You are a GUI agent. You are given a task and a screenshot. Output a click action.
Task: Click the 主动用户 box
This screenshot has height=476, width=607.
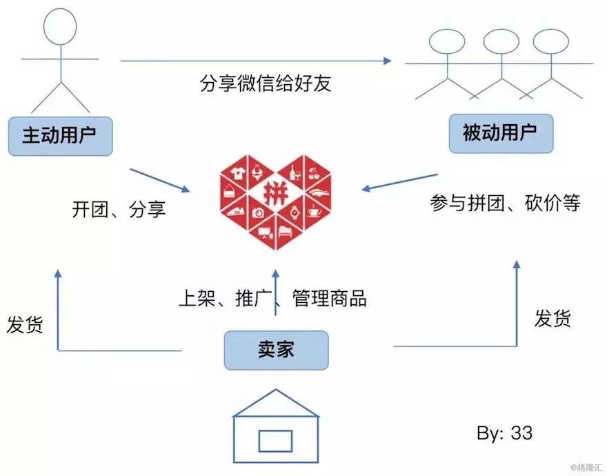(60, 136)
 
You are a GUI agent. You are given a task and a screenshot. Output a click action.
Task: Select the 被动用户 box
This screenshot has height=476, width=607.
(500, 133)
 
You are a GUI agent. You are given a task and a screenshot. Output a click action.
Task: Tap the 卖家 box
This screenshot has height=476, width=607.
(276, 350)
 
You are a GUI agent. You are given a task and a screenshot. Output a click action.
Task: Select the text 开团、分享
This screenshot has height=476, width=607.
(119, 210)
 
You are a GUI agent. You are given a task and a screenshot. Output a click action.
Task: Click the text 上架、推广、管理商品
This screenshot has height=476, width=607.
(272, 298)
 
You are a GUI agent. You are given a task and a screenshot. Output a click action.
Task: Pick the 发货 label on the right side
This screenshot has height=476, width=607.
(553, 318)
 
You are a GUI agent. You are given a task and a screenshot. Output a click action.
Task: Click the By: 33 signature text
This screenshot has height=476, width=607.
(504, 433)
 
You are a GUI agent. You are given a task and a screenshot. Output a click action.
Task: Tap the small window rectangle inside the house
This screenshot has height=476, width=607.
(276, 438)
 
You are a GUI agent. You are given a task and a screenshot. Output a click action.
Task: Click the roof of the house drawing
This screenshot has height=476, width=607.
(276, 403)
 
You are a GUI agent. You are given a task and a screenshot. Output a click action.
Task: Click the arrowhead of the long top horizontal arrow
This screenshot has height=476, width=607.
(387, 61)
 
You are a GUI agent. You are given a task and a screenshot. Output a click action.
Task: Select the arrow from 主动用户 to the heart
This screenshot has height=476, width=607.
(160, 179)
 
